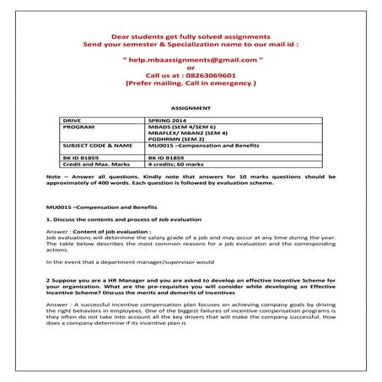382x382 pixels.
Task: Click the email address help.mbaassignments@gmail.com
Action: coord(191,62)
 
